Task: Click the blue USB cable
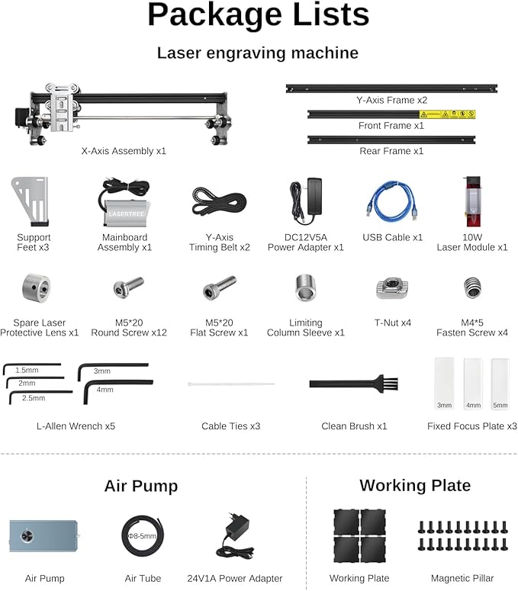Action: coord(393,201)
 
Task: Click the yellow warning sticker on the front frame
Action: coord(446,114)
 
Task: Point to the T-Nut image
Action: coord(392,288)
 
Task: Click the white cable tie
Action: coord(231,384)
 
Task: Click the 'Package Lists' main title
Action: coord(258,15)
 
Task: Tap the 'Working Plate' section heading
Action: coord(415,486)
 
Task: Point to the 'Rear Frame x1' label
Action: coord(391,151)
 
